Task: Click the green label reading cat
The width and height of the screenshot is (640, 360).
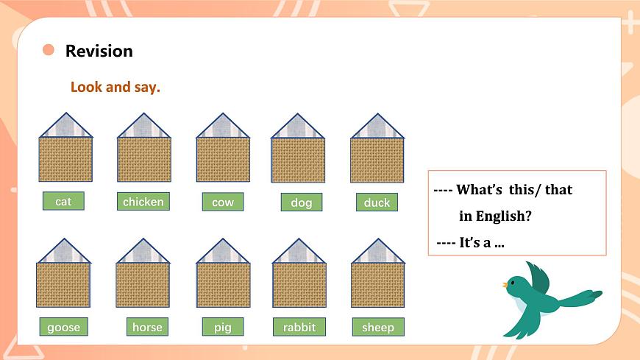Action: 63,201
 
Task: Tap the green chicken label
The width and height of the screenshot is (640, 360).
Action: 143,202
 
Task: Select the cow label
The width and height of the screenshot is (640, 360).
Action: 222,202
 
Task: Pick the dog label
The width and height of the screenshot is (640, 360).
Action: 301,202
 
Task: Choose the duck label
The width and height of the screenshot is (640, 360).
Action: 377,202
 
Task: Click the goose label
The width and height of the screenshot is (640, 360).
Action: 63,327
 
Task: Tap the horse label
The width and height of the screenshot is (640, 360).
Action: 147,327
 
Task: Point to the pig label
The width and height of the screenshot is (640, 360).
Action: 222,327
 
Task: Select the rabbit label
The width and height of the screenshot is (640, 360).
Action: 299,327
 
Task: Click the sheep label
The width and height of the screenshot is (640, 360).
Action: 378,327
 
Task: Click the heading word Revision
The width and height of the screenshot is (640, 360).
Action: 99,51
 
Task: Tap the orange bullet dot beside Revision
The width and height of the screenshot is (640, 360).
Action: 49,50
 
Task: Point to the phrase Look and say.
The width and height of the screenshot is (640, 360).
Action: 115,87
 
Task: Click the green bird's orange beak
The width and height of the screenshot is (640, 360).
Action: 505,284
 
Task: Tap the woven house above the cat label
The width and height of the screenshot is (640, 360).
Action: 65,159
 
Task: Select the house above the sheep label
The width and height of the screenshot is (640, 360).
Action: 378,284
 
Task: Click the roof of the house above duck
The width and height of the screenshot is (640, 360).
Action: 377,127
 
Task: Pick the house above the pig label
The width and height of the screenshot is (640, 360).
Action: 223,284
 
